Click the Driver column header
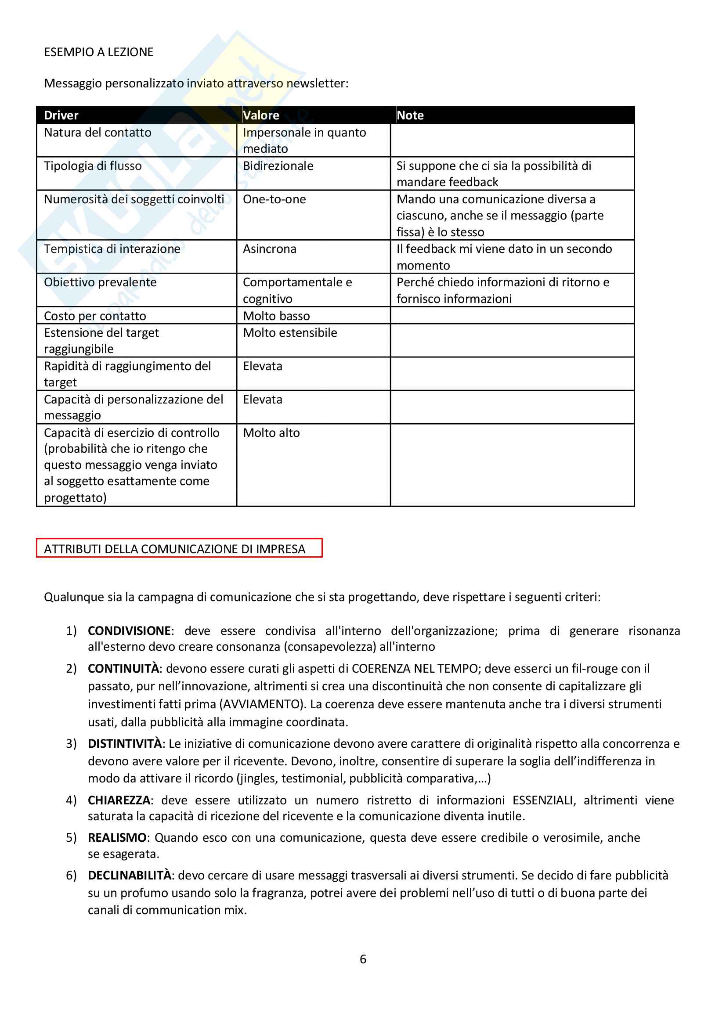click(x=61, y=115)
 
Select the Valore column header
click(x=261, y=115)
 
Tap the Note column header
click(x=410, y=115)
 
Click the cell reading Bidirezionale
click(x=278, y=166)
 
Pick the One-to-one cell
click(x=274, y=199)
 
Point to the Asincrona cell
click(x=269, y=249)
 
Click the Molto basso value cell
click(x=276, y=316)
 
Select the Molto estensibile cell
click(x=290, y=333)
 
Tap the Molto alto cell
click(x=271, y=432)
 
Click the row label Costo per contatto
click(x=95, y=316)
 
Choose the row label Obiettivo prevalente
click(x=100, y=282)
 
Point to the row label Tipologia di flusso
click(x=93, y=166)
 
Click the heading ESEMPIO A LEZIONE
click(x=98, y=52)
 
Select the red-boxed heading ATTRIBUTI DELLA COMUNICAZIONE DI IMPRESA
click(x=174, y=549)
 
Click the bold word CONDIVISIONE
click(x=129, y=631)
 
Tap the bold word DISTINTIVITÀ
click(x=124, y=743)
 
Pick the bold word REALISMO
click(x=117, y=837)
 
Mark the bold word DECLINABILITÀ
click(x=129, y=876)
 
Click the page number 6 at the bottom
click(x=363, y=959)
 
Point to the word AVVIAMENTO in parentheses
click(x=262, y=704)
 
